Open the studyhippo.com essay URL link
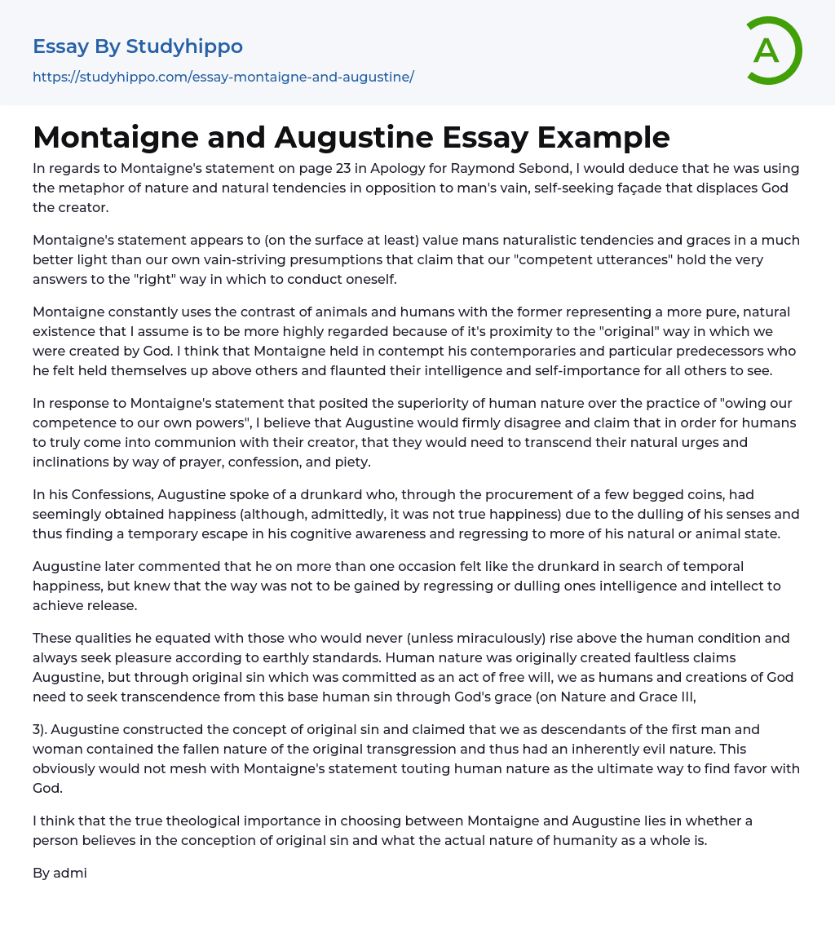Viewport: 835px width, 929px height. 223,77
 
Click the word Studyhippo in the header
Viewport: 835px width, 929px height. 184,46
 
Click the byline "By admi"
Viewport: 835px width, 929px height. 60,873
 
